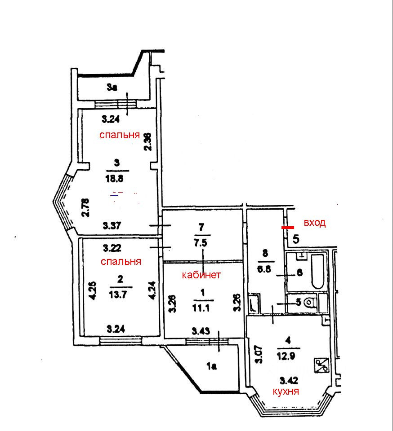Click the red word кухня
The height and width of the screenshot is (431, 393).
tap(286, 391)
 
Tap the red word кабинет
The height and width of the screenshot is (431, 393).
tap(201, 275)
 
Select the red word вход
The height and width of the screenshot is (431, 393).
tap(314, 223)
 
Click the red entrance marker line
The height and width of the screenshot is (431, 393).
tap(288, 228)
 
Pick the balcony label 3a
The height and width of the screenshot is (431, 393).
tap(112, 88)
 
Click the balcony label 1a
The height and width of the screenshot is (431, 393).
tap(211, 366)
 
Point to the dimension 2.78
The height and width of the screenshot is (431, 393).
tap(85, 207)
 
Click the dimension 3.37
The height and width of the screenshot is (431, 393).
tap(111, 225)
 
